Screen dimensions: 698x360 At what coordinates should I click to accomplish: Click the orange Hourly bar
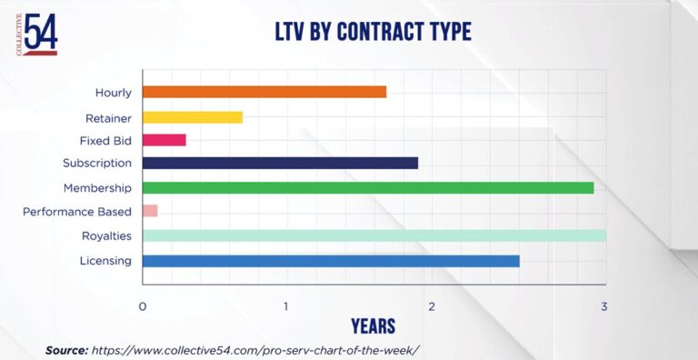coord(264,92)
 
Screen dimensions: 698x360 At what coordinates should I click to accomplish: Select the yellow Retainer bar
coord(193,117)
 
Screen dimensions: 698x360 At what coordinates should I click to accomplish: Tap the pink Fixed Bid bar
coord(165,140)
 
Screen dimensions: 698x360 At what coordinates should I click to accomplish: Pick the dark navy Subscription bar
coord(281,163)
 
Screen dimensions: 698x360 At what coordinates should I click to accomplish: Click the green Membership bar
coord(368,188)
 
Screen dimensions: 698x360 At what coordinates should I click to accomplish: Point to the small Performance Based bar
coord(150,211)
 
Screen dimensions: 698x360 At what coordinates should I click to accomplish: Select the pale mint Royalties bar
coord(374,235)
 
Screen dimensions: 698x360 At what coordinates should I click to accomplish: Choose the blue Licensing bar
coord(331,261)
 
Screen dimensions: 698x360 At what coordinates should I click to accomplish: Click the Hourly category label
coord(114,93)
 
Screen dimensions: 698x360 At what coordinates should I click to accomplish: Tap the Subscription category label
coord(97,163)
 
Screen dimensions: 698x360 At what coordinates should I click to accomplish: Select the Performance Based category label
coord(77,211)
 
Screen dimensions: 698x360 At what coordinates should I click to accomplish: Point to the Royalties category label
coord(107,236)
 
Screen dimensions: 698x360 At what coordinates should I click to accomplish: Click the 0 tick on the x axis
coord(143,306)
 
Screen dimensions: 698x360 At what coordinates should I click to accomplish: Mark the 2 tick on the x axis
coord(432,306)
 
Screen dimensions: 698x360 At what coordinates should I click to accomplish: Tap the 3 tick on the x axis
coord(603,306)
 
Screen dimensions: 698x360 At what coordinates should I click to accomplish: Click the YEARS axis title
coord(373,326)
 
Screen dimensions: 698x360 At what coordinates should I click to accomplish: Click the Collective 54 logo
coord(37,35)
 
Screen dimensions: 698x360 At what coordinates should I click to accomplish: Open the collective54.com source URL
coord(256,350)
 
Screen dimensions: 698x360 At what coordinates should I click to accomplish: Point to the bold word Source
coord(66,350)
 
